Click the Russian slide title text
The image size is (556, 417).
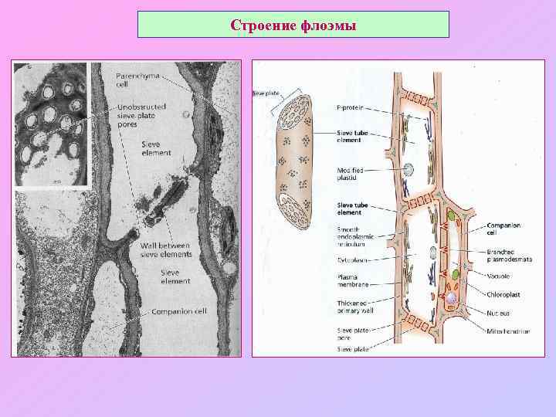point(293,25)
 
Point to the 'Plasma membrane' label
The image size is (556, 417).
point(351,280)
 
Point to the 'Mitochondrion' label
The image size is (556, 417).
point(508,331)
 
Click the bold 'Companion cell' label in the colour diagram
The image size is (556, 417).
point(503,229)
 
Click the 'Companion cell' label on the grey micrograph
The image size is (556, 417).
point(178,311)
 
